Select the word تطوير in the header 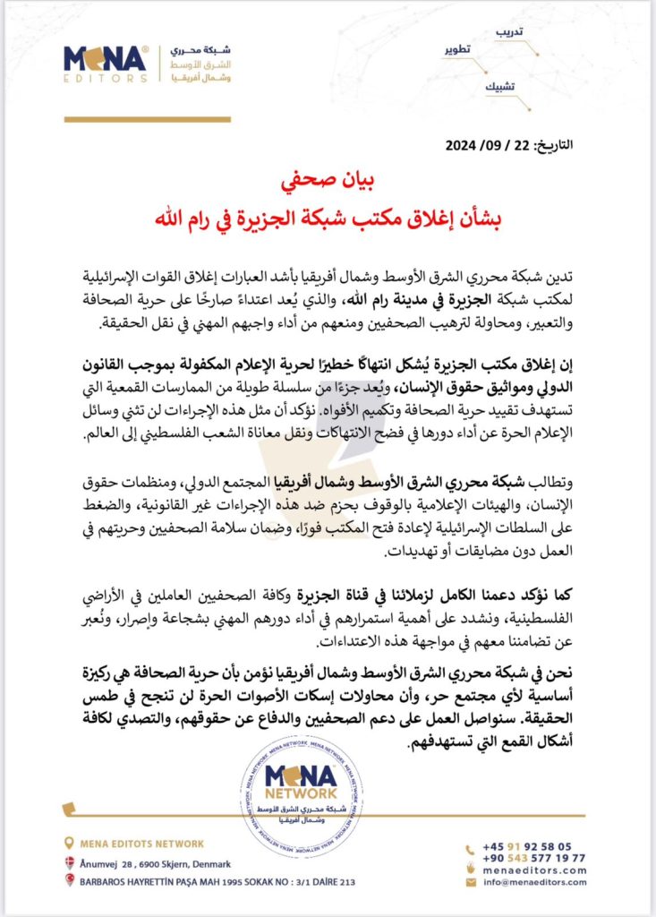pyautogui.click(x=459, y=49)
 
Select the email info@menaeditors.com pyautogui.click(x=534, y=882)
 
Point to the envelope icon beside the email pyautogui.click(x=472, y=882)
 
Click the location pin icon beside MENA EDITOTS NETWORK pyautogui.click(x=70, y=843)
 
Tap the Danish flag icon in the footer pyautogui.click(x=70, y=863)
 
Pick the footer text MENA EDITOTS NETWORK pyautogui.click(x=141, y=843)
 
